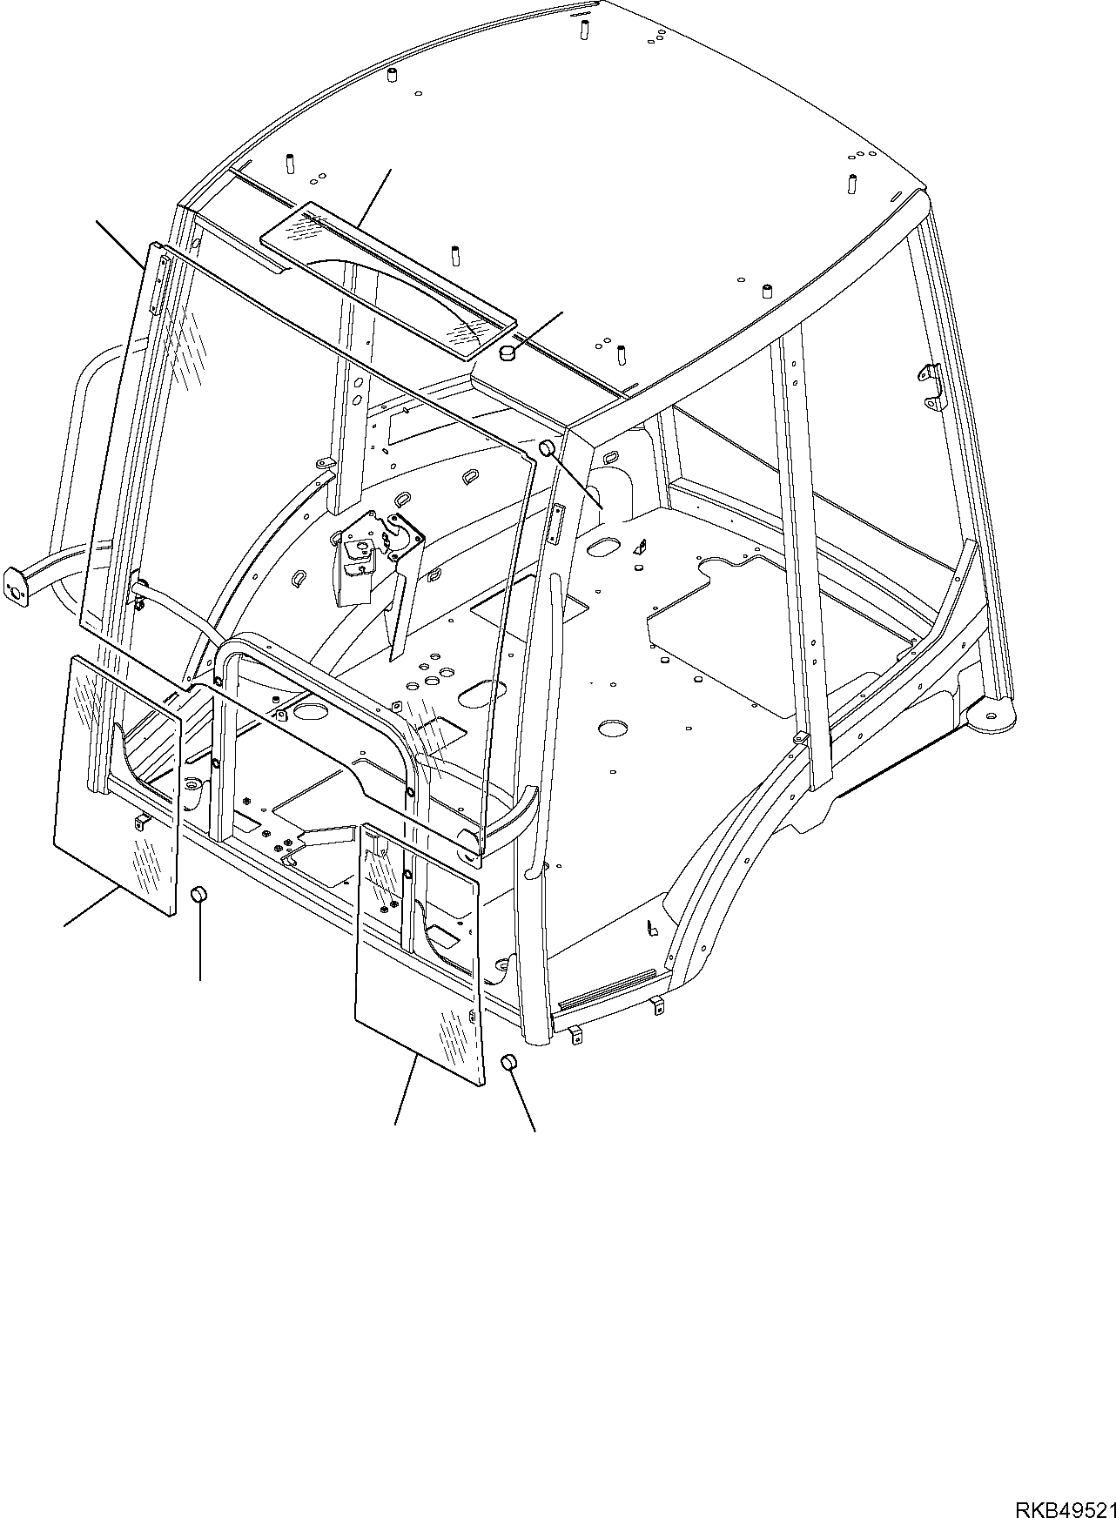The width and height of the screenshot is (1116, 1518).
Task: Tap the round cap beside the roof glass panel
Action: (507, 353)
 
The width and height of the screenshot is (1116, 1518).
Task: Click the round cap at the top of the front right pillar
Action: (548, 448)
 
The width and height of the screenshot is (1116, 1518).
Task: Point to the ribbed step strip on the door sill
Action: (605, 990)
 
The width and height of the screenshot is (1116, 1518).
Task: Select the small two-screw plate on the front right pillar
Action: (556, 524)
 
